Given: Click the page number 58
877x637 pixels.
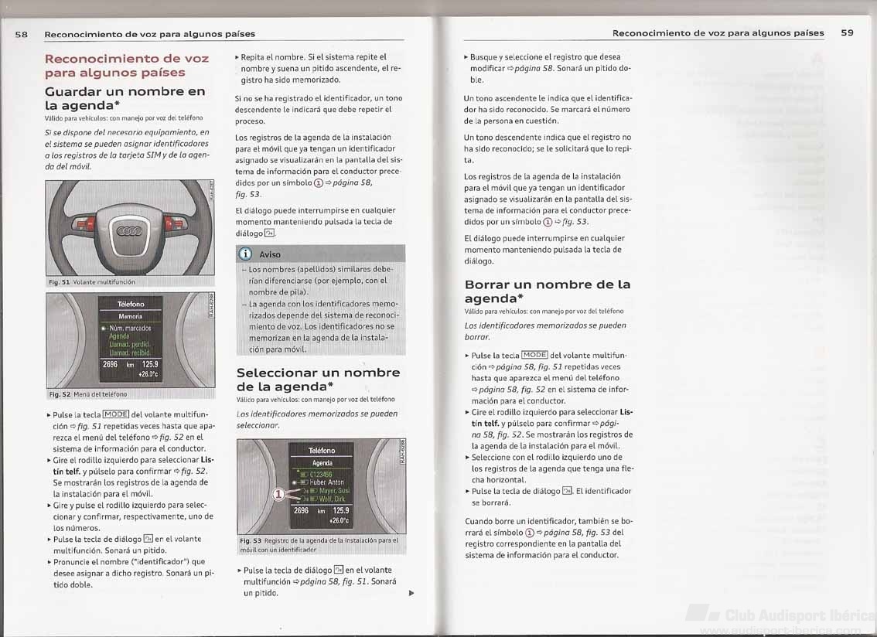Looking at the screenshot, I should (22, 34).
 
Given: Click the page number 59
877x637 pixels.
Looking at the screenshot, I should (847, 33).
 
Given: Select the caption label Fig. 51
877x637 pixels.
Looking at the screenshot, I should (60, 282).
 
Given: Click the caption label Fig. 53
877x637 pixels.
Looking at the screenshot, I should (251, 540).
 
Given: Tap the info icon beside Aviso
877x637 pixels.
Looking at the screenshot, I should (246, 254).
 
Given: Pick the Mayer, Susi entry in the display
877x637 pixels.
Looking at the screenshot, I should (333, 490).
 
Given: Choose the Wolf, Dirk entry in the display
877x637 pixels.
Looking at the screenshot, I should (332, 499).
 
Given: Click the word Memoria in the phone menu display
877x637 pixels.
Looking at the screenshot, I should (130, 316).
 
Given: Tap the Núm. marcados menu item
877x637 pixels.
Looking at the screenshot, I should (131, 328).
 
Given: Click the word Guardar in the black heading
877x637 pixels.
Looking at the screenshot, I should (80, 91).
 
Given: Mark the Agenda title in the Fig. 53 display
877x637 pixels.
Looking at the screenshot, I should (322, 462).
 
